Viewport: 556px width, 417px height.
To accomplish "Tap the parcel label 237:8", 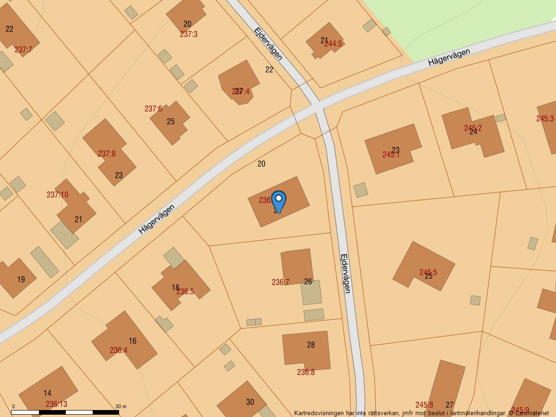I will [x=107, y=154].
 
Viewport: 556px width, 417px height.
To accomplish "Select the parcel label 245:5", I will [x=428, y=272].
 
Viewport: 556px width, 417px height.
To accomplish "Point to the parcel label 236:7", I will [x=280, y=282].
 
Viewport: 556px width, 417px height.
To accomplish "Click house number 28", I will [x=311, y=345].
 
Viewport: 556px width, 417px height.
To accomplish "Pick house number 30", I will [x=250, y=402].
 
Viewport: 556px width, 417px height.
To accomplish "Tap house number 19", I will [x=21, y=279].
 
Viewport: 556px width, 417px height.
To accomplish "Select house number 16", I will [x=133, y=341].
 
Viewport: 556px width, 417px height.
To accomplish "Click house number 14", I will [x=47, y=393].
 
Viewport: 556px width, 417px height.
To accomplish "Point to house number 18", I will [x=175, y=288].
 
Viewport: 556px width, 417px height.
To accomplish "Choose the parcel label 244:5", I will [x=333, y=44].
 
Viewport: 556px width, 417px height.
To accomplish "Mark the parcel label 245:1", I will [x=391, y=155].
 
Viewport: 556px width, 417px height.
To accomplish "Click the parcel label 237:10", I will [x=57, y=195].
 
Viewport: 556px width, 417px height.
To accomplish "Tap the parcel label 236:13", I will [x=56, y=404].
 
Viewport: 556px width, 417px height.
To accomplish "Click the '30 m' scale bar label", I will [x=120, y=406].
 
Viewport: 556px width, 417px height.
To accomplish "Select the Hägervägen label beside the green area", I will [x=449, y=57].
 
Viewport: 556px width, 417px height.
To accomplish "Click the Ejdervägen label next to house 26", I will [x=345, y=273].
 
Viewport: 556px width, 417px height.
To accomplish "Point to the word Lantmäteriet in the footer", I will [x=531, y=412].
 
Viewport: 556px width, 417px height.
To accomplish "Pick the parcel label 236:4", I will [x=119, y=350].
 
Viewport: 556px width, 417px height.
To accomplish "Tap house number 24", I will [x=473, y=132].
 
